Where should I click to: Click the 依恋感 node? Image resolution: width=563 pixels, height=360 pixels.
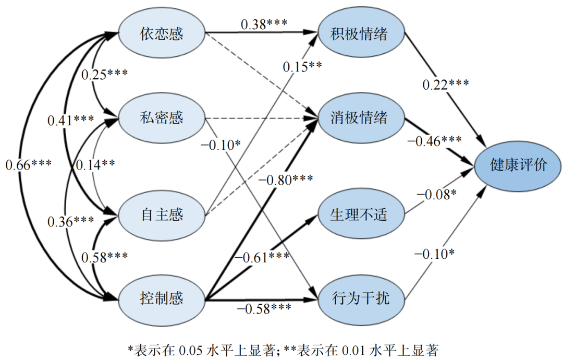162,34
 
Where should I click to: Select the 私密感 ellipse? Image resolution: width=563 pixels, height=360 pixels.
162,118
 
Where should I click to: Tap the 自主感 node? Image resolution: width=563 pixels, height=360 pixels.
162,215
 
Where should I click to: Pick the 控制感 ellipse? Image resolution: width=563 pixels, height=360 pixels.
162,298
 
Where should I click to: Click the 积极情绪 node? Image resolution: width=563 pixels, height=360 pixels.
361,34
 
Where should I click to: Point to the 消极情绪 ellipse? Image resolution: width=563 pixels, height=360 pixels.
361,118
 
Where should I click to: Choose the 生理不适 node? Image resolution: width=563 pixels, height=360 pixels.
361,215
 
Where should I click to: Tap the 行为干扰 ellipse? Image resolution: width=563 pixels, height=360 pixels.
361,298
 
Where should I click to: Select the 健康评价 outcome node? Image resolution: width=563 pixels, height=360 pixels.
518,165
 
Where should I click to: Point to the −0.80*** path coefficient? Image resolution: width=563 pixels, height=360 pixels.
285,179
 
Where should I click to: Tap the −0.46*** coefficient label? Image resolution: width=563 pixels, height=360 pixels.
434,140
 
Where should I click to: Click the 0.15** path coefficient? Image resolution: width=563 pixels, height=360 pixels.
302,66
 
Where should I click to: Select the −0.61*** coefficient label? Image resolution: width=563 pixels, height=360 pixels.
261,257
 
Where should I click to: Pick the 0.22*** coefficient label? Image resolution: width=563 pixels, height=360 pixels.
446,84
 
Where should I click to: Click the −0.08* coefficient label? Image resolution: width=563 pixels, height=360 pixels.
436,195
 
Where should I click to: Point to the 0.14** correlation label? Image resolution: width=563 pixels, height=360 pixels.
95,164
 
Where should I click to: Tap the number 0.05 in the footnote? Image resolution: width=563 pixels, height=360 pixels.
191,350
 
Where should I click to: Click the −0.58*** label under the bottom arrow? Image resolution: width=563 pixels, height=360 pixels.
264,308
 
